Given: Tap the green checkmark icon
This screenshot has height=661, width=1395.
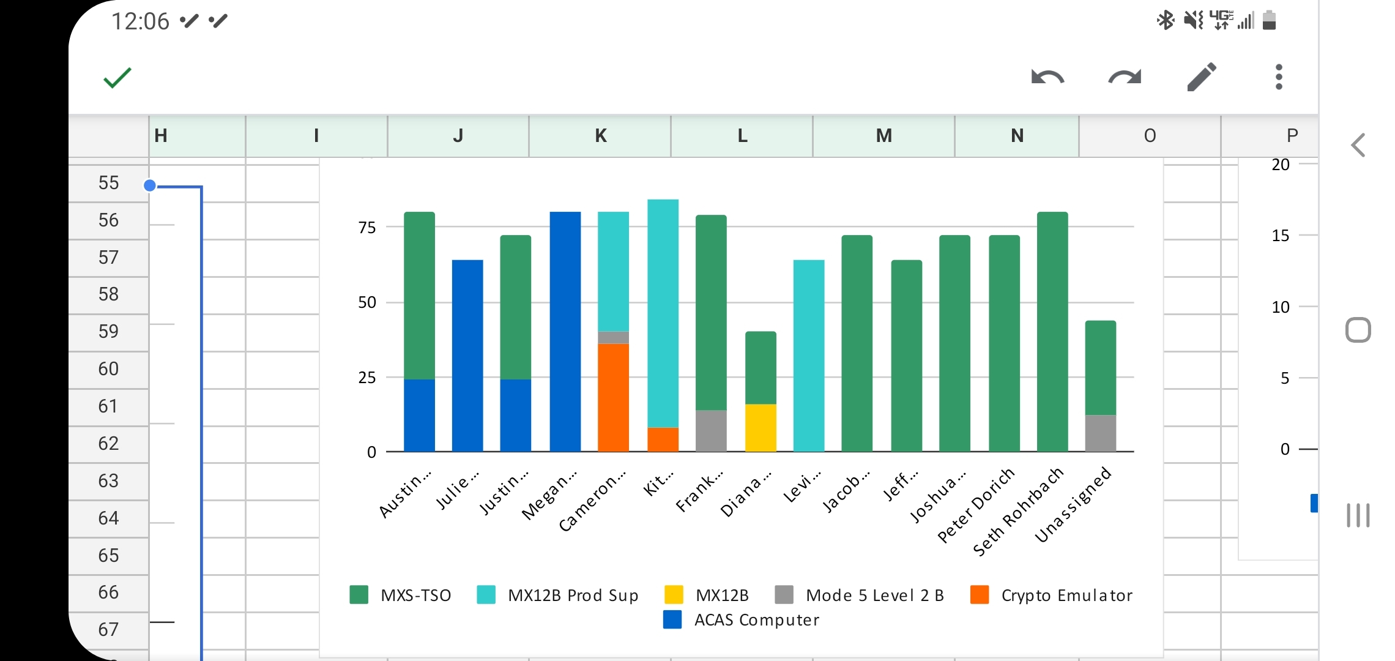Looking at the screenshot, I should [117, 78].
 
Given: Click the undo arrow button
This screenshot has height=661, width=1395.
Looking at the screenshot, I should [1047, 78].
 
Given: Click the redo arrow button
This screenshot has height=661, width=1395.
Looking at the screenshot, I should [1125, 78].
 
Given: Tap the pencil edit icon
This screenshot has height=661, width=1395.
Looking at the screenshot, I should [1202, 78].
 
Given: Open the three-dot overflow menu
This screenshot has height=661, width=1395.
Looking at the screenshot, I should [1279, 78].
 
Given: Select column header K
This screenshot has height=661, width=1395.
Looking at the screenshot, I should [600, 135].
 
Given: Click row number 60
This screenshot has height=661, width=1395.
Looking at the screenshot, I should [108, 369].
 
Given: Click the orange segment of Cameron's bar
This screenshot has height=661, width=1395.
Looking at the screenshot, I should [613, 398].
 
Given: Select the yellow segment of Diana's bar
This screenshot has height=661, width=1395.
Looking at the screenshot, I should [761, 428].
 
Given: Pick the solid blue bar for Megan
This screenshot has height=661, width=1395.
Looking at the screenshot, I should [565, 330].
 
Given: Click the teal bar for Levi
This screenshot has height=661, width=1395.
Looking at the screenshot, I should [808, 355].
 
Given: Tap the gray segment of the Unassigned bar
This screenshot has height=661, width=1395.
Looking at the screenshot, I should [1100, 433].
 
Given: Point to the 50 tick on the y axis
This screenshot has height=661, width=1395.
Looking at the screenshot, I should [367, 302].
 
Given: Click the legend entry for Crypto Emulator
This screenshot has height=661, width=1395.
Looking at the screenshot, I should [1052, 595].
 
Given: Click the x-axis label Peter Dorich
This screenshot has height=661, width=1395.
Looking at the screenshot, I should [976, 506].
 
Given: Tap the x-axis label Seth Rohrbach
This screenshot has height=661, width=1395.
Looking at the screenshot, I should [1019, 512].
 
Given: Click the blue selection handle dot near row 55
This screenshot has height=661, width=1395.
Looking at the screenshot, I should [150, 185].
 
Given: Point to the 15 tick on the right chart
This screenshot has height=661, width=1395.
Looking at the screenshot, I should [1280, 236].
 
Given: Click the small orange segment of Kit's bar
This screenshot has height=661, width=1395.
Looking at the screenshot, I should [663, 439].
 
